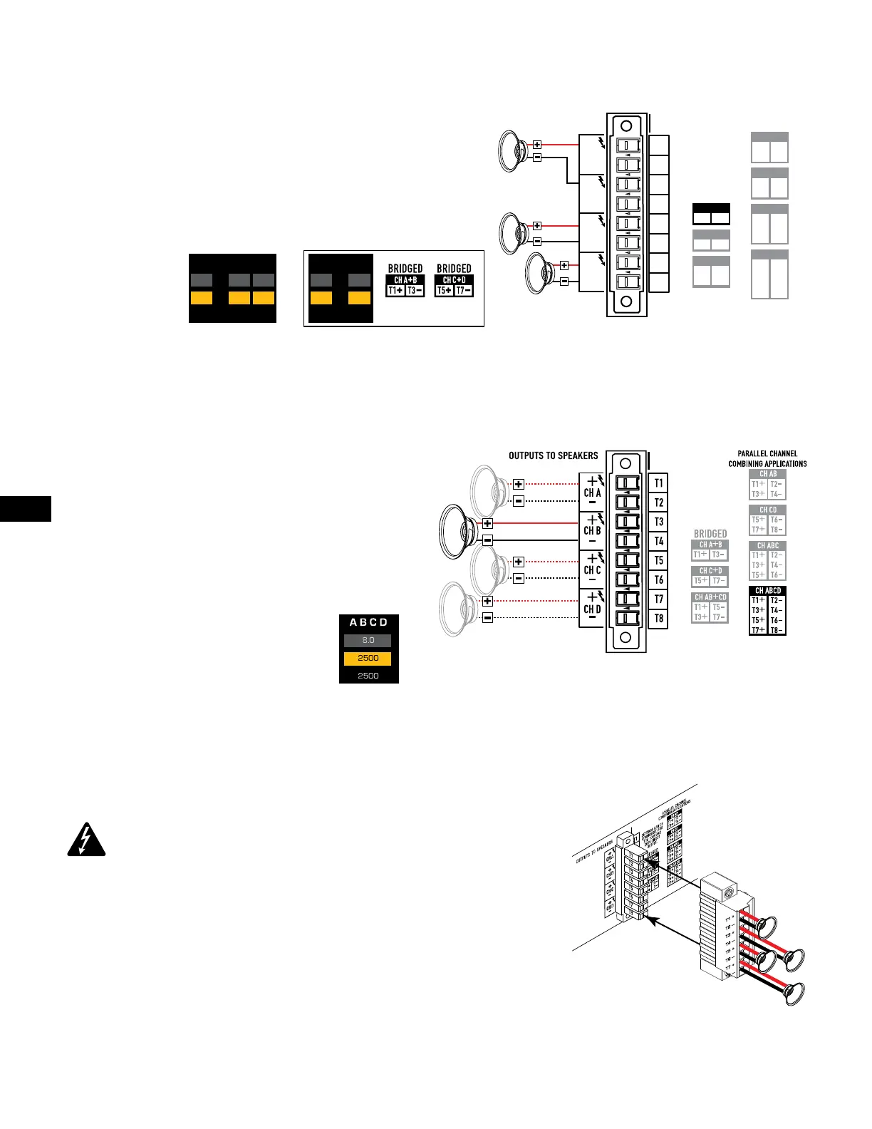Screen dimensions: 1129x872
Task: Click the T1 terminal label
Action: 658,483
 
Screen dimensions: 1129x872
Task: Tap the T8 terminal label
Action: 658,619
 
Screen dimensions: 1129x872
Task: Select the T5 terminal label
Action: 658,561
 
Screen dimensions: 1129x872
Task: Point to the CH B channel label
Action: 593,530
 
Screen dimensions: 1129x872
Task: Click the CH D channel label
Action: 593,609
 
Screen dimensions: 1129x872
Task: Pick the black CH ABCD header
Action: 768,591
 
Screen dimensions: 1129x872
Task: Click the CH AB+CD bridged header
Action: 710,597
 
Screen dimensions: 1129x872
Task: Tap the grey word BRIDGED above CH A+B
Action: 710,534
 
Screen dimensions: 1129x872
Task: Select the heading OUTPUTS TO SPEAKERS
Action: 553,455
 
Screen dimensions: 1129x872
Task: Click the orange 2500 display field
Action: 368,658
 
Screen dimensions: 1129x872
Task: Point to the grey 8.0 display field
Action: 368,640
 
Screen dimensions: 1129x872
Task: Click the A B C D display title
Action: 368,622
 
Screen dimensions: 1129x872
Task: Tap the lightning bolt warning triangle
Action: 86,840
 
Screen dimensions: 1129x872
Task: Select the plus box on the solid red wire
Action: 487,523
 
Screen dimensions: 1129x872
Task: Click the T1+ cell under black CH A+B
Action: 395,290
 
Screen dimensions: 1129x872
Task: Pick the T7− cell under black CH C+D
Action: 463,290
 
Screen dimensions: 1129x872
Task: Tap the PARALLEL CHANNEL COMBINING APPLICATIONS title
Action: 767,458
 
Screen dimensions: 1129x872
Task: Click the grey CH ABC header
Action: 768,545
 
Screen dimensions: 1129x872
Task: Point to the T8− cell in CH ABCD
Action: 776,630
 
